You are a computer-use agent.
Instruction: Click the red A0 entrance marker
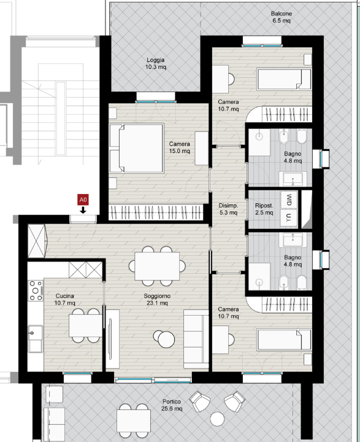click(x=83, y=200)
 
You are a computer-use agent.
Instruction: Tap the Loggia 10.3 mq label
click(x=156, y=63)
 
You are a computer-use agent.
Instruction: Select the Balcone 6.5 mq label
click(x=281, y=17)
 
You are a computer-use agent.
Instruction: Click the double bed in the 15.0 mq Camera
click(x=137, y=148)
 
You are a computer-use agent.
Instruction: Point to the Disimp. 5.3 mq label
click(x=228, y=209)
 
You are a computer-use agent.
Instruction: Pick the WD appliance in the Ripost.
click(x=289, y=200)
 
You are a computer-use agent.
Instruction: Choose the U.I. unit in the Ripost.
click(x=289, y=217)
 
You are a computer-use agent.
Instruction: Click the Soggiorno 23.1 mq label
click(x=157, y=300)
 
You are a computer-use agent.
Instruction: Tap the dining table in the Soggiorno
click(x=157, y=266)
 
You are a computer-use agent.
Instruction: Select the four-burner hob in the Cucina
click(x=36, y=290)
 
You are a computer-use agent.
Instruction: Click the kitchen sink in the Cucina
click(x=35, y=338)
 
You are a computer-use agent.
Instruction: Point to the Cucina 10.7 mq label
click(x=65, y=300)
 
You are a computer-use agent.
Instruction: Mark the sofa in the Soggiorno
click(x=196, y=339)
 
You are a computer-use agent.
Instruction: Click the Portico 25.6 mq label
click(x=172, y=405)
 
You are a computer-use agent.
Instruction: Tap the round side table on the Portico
click(x=217, y=419)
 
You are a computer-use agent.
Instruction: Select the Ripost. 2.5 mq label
click(x=264, y=209)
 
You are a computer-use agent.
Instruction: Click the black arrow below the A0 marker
click(x=83, y=210)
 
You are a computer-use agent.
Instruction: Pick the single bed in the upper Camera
click(x=284, y=79)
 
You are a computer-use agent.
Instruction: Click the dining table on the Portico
click(x=134, y=421)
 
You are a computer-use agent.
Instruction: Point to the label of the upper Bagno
click(x=293, y=157)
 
